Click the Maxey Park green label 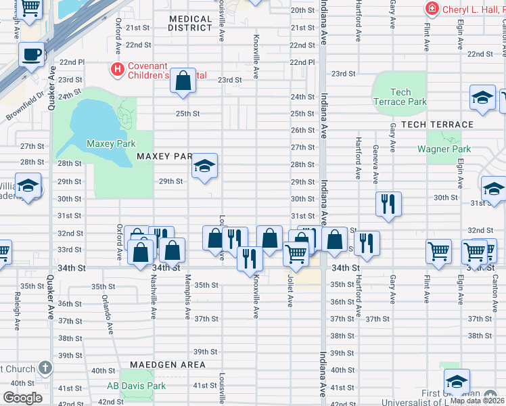pos(111,143)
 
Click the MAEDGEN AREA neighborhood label pos(168,364)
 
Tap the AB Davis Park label pos(136,386)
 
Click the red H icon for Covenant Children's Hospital pos(118,68)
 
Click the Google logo pos(22,398)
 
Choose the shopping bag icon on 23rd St pos(183,81)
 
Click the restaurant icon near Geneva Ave pos(388,202)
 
